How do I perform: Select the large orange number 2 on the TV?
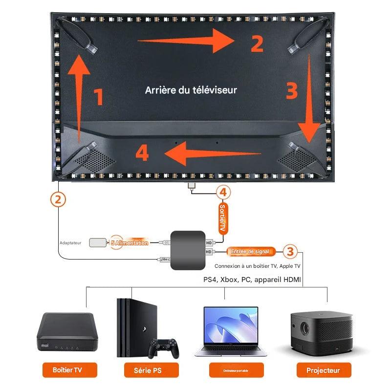point(256,43)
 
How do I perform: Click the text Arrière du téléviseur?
point(191,90)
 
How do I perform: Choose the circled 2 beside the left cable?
point(58,199)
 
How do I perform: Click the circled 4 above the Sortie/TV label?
point(223,193)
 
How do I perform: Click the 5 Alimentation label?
point(129,242)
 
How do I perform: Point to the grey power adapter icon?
point(98,242)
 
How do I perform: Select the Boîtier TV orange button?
point(67,370)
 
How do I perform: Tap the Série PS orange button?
point(147,370)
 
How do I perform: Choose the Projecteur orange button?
point(323,370)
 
